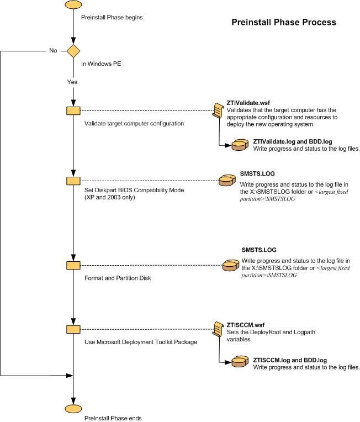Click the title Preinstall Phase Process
click(283, 23)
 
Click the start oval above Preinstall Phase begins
click(73, 4)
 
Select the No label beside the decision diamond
click(53, 50)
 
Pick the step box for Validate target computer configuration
click(73, 110)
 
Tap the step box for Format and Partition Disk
click(73, 265)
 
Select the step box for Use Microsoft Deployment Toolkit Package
click(73, 329)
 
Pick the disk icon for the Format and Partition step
click(230, 265)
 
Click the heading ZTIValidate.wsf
click(248, 103)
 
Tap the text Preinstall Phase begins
click(112, 18)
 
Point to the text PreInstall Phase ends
click(113, 418)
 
